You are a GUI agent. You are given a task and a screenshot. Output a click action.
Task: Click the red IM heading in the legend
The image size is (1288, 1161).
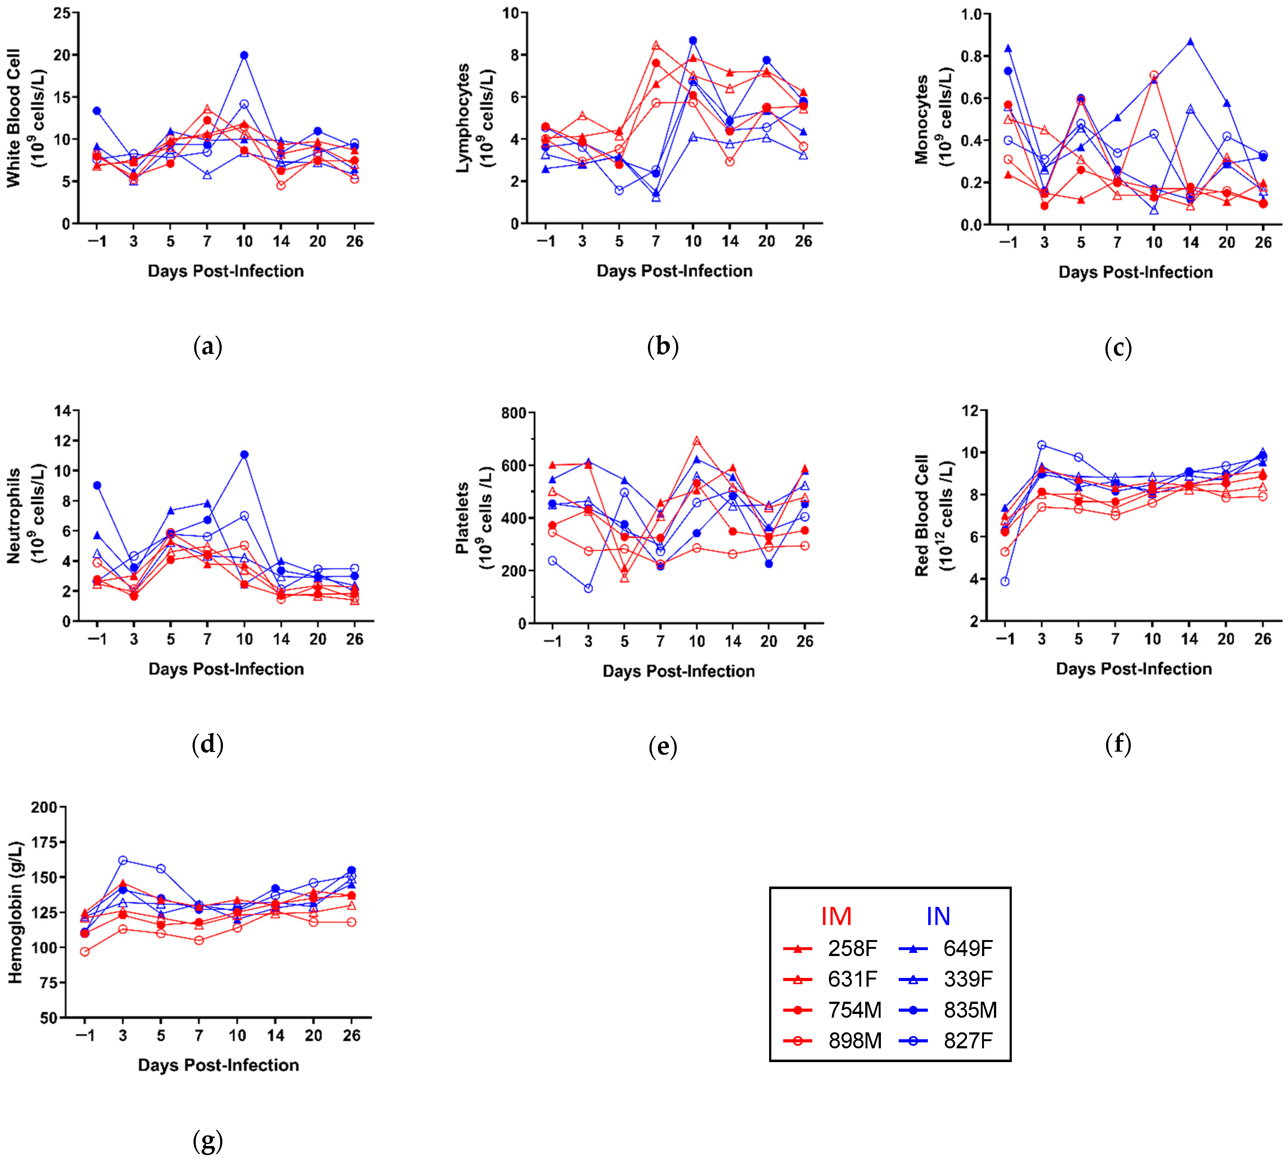836,917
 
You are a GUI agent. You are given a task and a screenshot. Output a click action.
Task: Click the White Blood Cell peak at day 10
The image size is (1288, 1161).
244,55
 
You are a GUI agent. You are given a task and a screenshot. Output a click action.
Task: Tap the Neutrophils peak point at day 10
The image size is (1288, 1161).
244,454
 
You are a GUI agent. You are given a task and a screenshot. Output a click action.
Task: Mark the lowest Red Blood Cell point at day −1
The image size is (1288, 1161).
1005,581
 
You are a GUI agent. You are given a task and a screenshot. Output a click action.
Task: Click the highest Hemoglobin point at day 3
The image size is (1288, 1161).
122,860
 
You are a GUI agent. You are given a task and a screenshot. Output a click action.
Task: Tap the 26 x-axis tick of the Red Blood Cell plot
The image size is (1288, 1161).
1262,638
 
